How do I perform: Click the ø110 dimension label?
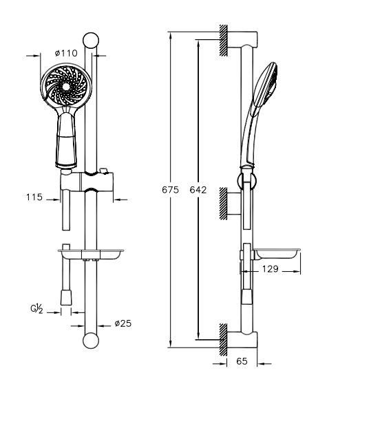pyautogui.click(x=66, y=53)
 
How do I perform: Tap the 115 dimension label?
pyautogui.click(x=34, y=197)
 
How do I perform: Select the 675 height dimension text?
pyautogui.click(x=170, y=190)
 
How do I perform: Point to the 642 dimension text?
pyautogui.click(x=198, y=190)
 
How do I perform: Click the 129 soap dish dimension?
pyautogui.click(x=271, y=269)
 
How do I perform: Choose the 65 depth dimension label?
pyautogui.click(x=242, y=361)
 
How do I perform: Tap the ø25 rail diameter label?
pyautogui.click(x=123, y=323)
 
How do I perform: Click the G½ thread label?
pyautogui.click(x=36, y=309)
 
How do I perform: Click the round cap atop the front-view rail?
pyautogui.click(x=91, y=41)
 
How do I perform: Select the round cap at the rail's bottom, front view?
pyautogui.click(x=91, y=341)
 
